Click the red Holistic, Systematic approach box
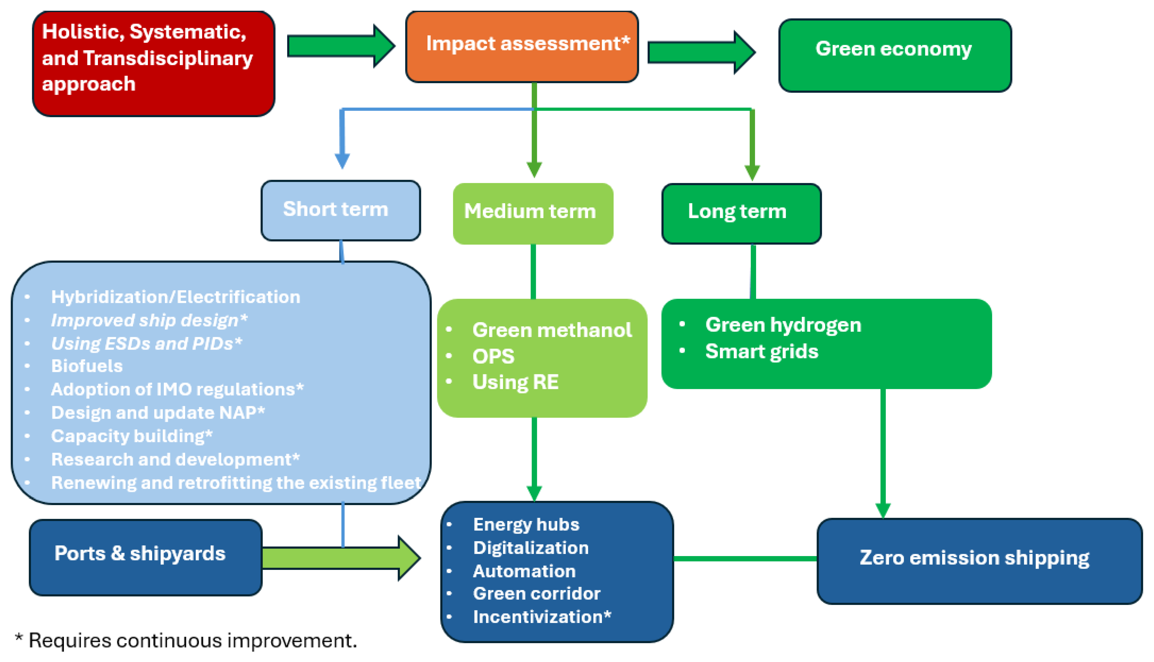pyautogui.click(x=153, y=64)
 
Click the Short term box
pyautogui.click(x=340, y=210)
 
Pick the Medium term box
pyautogui.click(x=532, y=213)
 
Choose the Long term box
pyautogui.click(x=741, y=213)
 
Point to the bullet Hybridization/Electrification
pyautogui.click(x=175, y=297)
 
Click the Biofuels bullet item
pyautogui.click(x=86, y=366)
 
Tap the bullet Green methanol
pyautogui.click(x=552, y=330)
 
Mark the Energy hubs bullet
pyautogui.click(x=526, y=525)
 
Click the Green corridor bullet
pyautogui.click(x=536, y=593)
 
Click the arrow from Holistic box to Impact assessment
pyautogui.click(x=340, y=46)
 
